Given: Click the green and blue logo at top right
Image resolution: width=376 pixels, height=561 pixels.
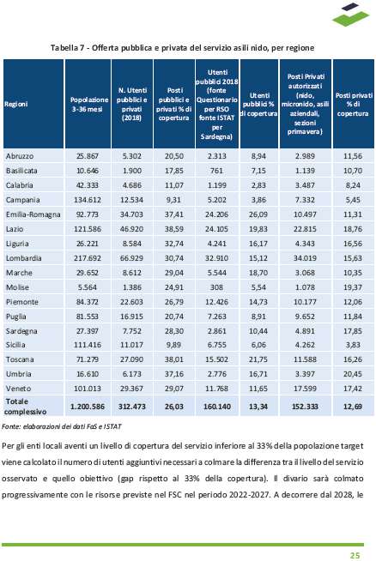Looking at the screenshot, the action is click(x=350, y=15).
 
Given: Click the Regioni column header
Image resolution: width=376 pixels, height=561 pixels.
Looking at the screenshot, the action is click(x=16, y=104).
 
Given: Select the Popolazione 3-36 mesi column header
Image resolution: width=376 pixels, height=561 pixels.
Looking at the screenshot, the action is click(x=88, y=104).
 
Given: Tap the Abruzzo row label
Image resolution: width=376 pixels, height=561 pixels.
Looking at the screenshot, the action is click(x=20, y=156).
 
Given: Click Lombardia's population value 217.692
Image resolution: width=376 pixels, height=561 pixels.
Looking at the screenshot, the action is click(x=88, y=258).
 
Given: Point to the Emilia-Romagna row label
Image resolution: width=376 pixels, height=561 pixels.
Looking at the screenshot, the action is click(x=33, y=214).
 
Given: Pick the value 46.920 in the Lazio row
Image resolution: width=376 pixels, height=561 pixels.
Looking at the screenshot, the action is click(x=132, y=229).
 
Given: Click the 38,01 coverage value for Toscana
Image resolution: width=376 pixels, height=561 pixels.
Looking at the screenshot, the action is click(x=174, y=359).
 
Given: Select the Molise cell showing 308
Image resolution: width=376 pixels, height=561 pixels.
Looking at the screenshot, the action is click(x=216, y=287).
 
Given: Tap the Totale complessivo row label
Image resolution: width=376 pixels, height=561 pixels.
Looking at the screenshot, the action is click(x=25, y=407).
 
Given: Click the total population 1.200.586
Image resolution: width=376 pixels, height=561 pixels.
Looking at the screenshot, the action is click(x=88, y=407).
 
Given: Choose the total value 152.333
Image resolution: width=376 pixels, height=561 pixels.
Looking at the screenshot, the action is click(x=305, y=407).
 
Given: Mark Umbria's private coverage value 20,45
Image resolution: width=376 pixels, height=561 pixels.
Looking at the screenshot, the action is click(x=353, y=374).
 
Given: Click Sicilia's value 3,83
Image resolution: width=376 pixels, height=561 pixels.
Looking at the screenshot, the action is click(x=353, y=345).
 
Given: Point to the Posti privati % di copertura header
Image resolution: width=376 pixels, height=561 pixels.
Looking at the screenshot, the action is click(x=354, y=104).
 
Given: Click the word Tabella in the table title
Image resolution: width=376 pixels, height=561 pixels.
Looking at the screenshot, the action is click(x=64, y=48).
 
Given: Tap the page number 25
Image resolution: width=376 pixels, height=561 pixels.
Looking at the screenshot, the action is click(x=355, y=555).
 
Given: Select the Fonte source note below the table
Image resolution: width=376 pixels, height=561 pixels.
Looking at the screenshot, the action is click(x=62, y=426).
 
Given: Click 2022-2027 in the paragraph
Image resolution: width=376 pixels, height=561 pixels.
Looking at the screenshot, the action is click(x=249, y=495).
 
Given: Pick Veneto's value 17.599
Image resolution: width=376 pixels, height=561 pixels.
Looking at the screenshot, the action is click(x=305, y=389).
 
